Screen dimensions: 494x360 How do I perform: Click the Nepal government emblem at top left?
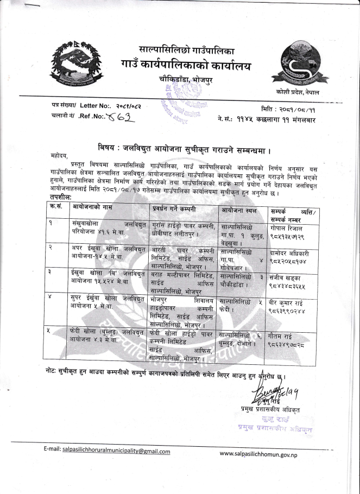(77, 65)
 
